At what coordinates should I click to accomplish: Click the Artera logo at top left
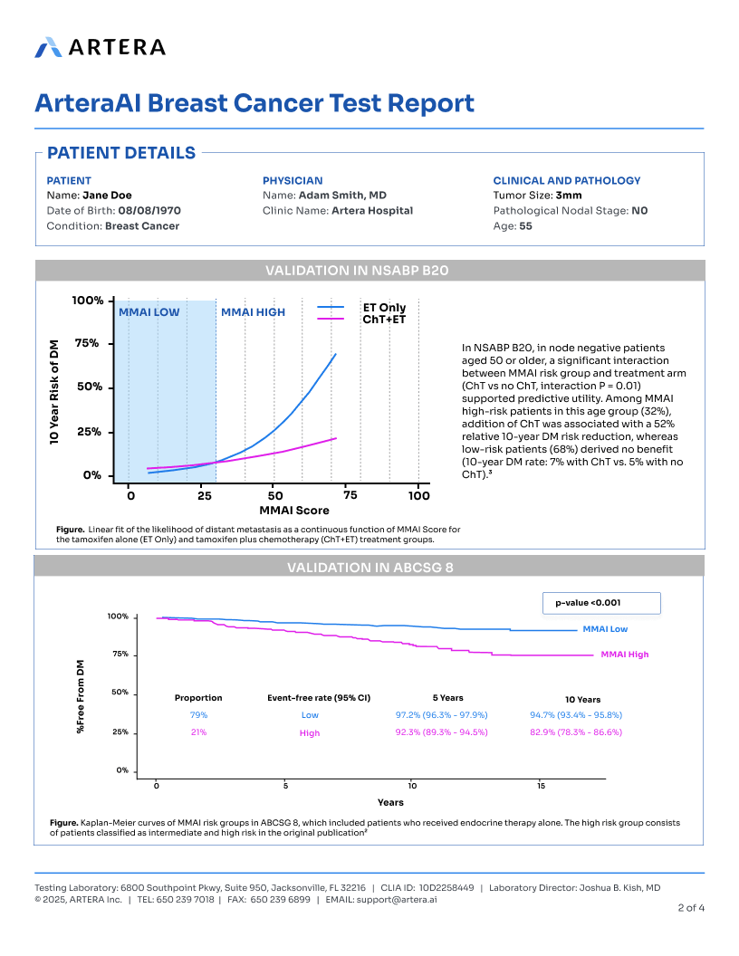pos(100,47)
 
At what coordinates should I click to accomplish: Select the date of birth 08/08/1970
pos(149,210)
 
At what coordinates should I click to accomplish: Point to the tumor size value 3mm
pos(569,195)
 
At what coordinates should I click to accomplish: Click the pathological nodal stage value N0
pos(639,210)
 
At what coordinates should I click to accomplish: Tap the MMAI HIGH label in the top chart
pos(253,312)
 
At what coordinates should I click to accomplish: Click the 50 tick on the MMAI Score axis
pos(275,495)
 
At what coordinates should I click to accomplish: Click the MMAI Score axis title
pos(275,511)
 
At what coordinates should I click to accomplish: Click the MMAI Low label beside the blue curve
pos(605,629)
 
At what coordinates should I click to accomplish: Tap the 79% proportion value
pos(198,715)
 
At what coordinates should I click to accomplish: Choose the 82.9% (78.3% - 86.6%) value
pos(576,732)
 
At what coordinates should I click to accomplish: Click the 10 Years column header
pos(582,700)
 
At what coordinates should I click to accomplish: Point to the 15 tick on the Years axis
pos(541,785)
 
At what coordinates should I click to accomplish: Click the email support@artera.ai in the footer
pos(398,900)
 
